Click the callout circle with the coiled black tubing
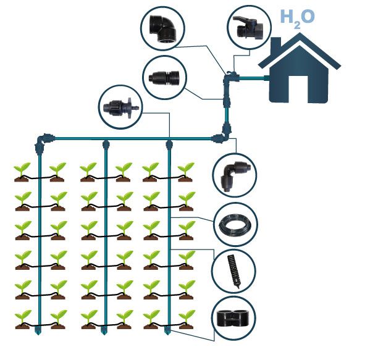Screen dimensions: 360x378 [235, 224]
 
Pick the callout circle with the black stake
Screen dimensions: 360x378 [235, 269]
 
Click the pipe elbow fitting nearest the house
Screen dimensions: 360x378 [229, 78]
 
